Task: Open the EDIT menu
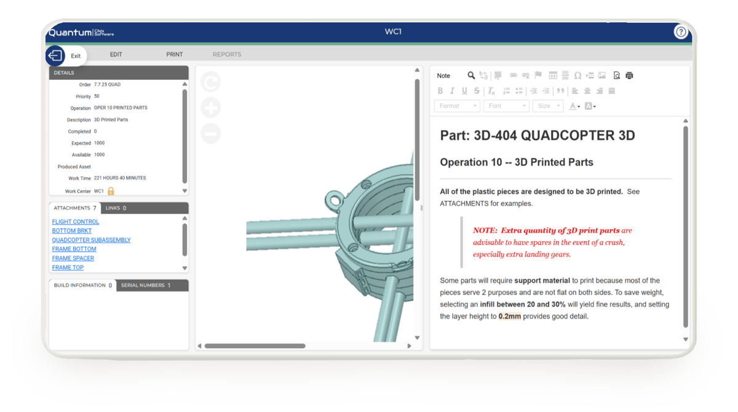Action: (116, 54)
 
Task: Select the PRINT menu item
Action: (174, 54)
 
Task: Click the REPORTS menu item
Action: (227, 54)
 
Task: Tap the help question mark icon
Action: (681, 32)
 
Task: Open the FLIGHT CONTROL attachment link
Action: (76, 221)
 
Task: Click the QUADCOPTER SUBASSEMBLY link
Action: (91, 240)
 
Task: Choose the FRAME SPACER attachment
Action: (73, 258)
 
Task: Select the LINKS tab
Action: (116, 208)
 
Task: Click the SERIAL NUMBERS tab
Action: (146, 285)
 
